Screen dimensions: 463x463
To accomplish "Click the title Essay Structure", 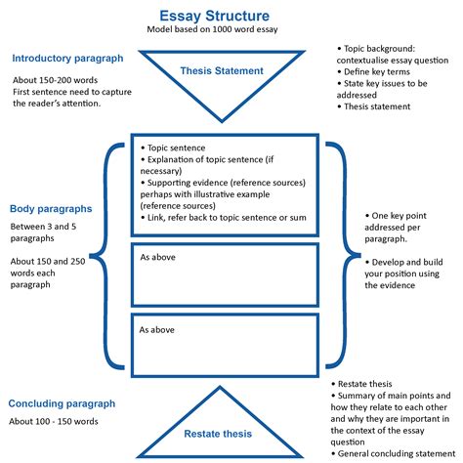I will (214, 16).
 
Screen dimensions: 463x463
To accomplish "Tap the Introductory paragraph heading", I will (67, 59).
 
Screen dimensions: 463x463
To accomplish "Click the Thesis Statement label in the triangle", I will (222, 71).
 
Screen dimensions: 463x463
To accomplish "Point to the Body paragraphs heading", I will (51, 209).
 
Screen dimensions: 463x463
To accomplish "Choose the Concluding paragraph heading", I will (63, 403).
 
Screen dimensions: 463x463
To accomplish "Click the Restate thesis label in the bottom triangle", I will (217, 434).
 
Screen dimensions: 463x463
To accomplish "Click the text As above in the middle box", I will (157, 258).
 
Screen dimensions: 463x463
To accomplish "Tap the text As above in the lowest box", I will (157, 329).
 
